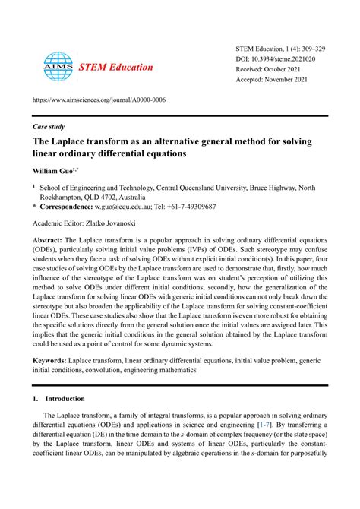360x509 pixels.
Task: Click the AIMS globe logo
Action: tap(57, 67)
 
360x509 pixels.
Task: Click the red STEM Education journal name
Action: tap(115, 67)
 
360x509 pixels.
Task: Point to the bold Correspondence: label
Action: tap(69, 206)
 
